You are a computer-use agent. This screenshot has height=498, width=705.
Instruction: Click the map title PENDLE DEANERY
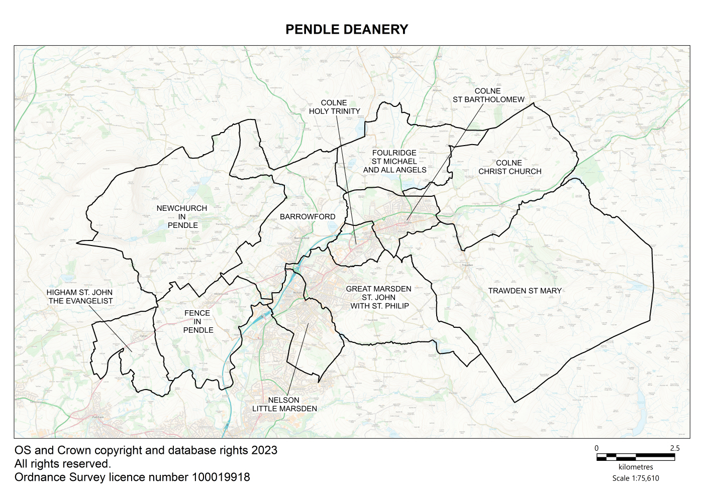[x=347, y=30]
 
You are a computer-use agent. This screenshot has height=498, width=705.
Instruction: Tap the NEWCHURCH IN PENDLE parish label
[x=182, y=217]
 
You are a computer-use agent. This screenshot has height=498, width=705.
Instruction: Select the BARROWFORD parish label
[x=308, y=217]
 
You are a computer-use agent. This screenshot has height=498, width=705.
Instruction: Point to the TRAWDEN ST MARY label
[x=525, y=291]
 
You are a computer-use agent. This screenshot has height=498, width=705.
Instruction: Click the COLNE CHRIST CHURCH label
[x=510, y=167]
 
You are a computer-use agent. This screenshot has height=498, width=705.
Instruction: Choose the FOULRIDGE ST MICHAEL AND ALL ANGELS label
[x=394, y=162]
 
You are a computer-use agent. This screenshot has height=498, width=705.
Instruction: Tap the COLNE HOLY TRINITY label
[x=334, y=107]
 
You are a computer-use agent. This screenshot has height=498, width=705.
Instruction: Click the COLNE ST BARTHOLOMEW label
[x=488, y=95]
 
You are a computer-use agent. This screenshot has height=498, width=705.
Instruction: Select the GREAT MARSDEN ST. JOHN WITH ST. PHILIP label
[x=379, y=297]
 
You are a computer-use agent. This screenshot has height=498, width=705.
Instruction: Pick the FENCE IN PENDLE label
[x=197, y=321]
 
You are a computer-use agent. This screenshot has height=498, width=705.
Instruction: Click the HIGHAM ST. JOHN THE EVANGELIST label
[x=80, y=297]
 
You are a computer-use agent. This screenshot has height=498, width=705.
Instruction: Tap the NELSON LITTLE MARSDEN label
[x=284, y=404]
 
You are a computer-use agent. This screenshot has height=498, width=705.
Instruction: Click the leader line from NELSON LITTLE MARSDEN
[x=297, y=359]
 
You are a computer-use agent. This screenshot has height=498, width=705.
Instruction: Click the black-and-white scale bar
[x=635, y=457]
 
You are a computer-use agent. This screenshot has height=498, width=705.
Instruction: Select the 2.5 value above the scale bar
[x=674, y=448]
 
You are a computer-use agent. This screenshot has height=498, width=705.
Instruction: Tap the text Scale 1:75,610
[x=635, y=478]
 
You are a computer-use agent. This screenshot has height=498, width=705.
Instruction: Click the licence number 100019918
[x=221, y=477]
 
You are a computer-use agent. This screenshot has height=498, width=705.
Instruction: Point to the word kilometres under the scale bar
[x=636, y=467]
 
